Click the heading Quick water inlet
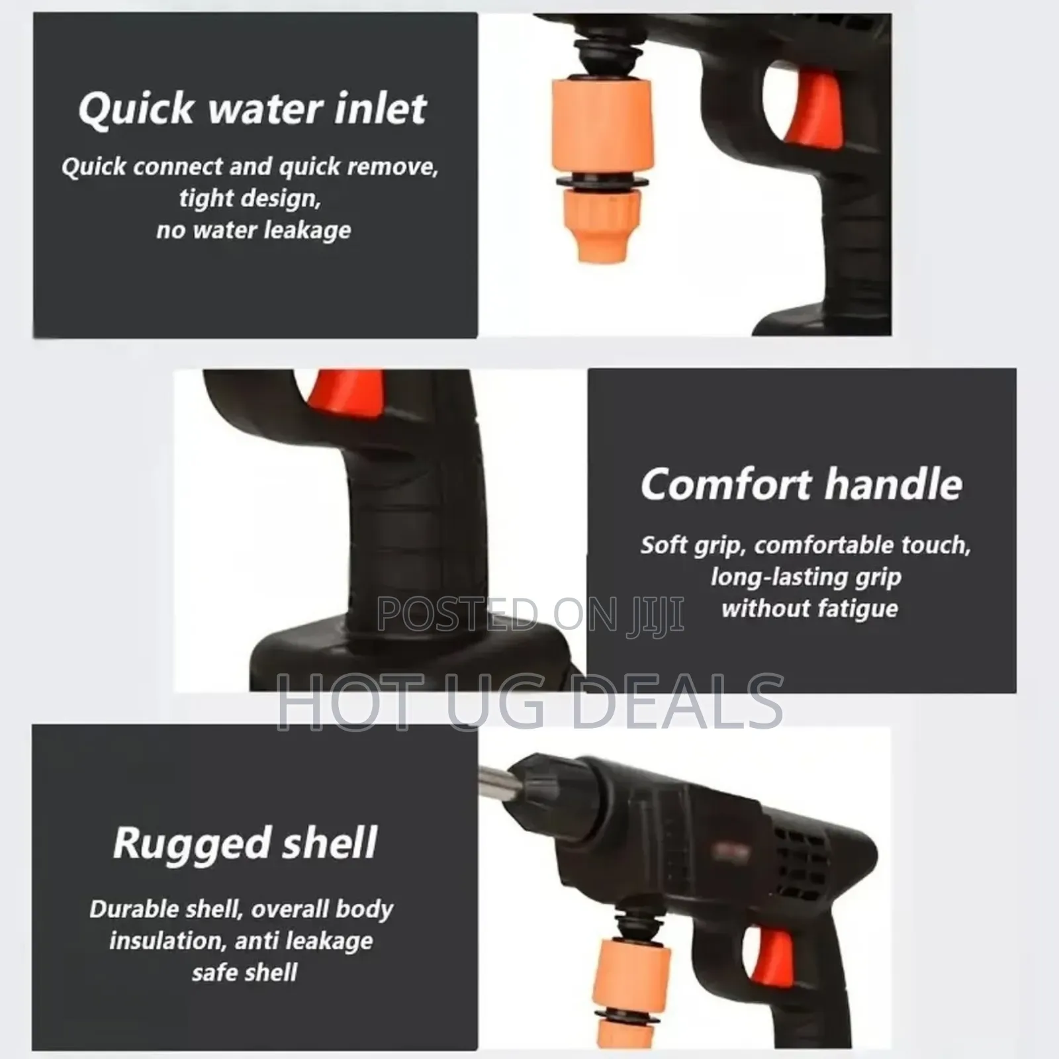[252, 109]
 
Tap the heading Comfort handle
[801, 484]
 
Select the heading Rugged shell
[245, 843]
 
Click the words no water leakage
[253, 230]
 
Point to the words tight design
[250, 198]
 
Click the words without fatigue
[809, 608]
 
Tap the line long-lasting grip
[806, 576]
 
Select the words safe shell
[244, 972]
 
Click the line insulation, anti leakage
[241, 941]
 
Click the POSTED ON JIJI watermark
[529, 614]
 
